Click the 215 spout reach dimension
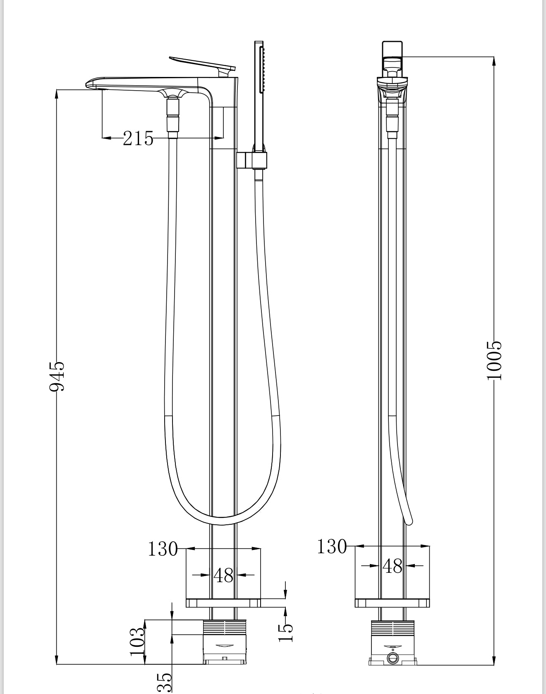pyautogui.click(x=138, y=138)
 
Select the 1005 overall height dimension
pyautogui.click(x=494, y=360)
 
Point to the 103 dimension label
pyautogui.click(x=137, y=641)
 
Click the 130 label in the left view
pyautogui.click(x=163, y=549)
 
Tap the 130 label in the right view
pyautogui.click(x=332, y=546)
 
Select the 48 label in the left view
pyautogui.click(x=223, y=575)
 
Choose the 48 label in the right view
pyautogui.click(x=393, y=566)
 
